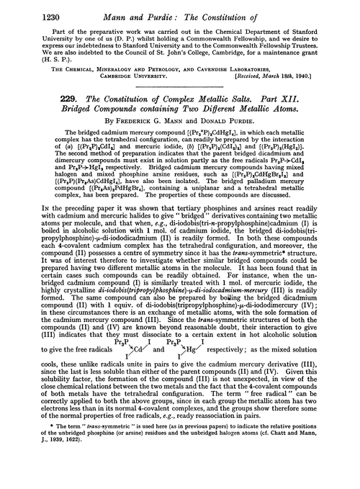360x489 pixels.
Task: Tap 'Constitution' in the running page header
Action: click(x=242, y=11)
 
